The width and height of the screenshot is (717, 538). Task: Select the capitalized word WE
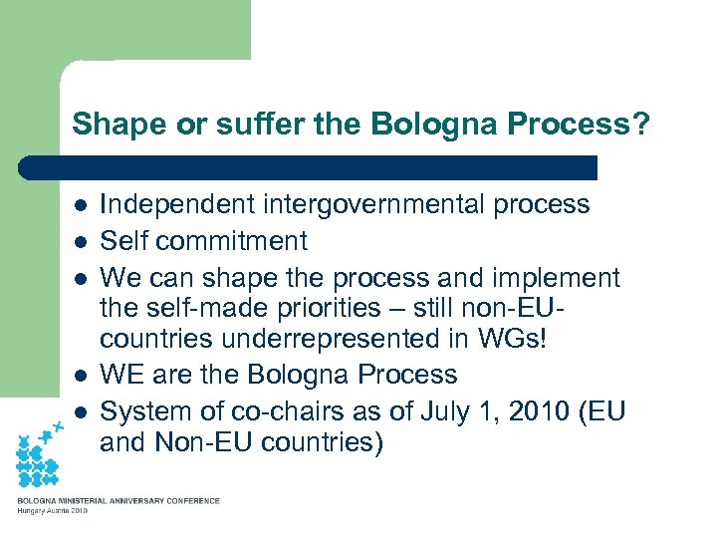tap(122, 375)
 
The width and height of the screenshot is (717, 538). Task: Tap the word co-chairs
tap(288, 410)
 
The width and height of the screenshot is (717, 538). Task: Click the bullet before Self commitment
tap(80, 242)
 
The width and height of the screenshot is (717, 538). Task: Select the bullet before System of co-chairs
tap(80, 411)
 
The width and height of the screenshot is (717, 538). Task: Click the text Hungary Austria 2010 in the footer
tap(52, 511)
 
